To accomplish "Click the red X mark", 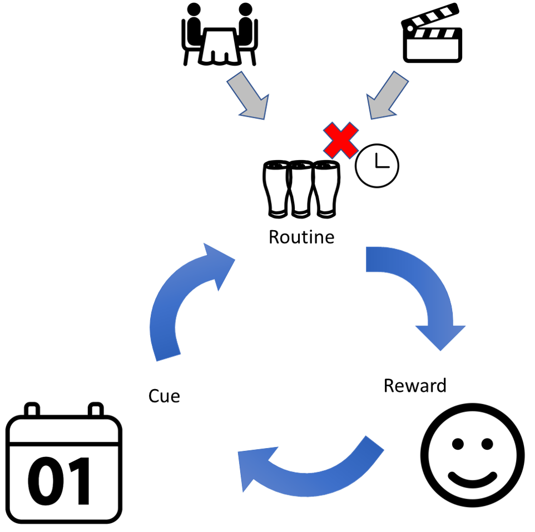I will pyautogui.click(x=340, y=140).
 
